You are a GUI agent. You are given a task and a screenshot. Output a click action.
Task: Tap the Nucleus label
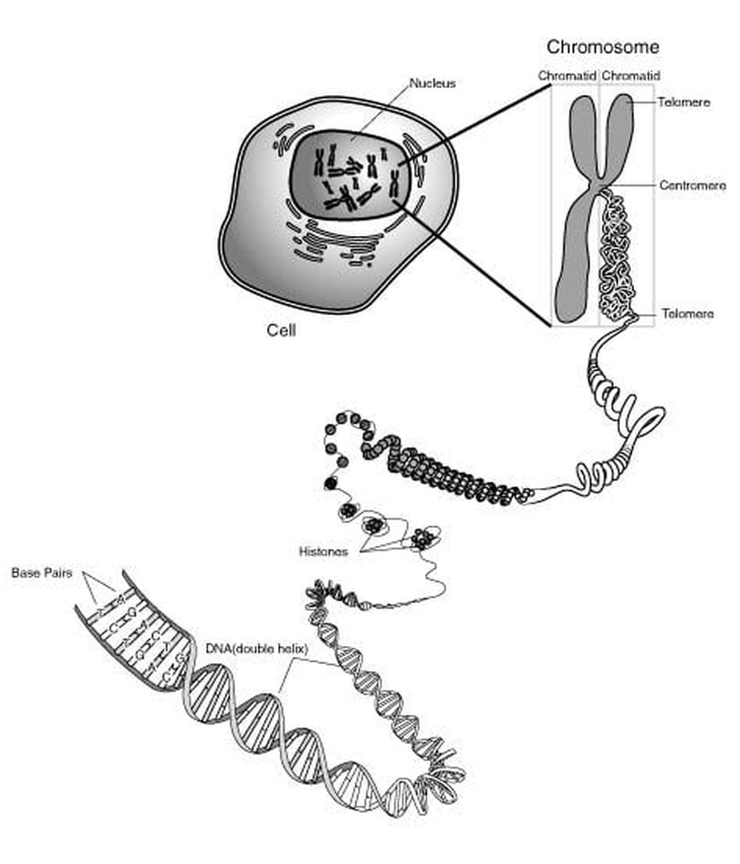point(432,83)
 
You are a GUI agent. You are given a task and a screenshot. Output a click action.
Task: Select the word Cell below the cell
point(281,329)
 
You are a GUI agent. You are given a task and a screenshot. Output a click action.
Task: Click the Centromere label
point(692,186)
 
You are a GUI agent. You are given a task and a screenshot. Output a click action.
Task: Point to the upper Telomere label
point(683,103)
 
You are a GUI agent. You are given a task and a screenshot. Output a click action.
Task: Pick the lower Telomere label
point(687,314)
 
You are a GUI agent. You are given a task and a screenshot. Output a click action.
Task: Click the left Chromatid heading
point(568,76)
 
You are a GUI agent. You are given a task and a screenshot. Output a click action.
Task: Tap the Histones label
point(322,552)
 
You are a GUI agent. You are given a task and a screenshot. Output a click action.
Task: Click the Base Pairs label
point(41,572)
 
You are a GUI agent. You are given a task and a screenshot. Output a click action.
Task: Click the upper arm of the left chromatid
point(581,135)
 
